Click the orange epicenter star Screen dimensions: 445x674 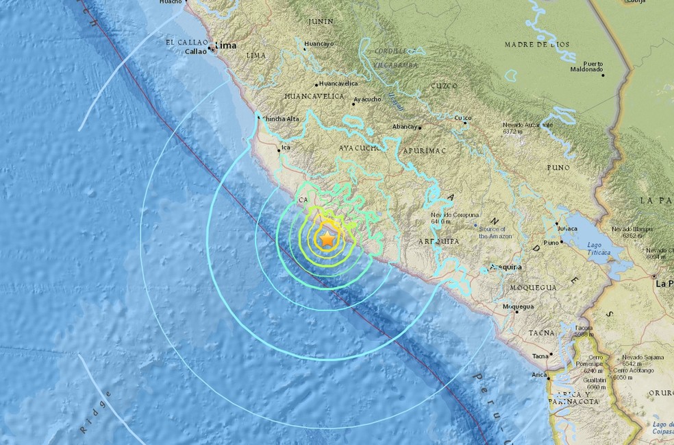[x=327, y=239]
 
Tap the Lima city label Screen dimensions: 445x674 [x=225, y=46]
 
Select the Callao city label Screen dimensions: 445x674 [x=195, y=51]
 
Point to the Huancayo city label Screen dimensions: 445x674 [x=319, y=44]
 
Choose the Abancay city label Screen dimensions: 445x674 [x=405, y=127]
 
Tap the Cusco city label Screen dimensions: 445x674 [x=464, y=118]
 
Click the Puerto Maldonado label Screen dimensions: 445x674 [x=587, y=67]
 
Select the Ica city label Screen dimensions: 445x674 [x=286, y=146]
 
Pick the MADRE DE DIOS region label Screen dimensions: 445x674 [x=536, y=45]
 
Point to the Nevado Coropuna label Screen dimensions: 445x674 [x=437, y=218]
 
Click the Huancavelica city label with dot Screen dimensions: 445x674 [x=337, y=83]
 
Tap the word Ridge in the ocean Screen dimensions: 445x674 [x=95, y=414]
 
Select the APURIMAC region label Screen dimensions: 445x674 [x=424, y=147]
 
